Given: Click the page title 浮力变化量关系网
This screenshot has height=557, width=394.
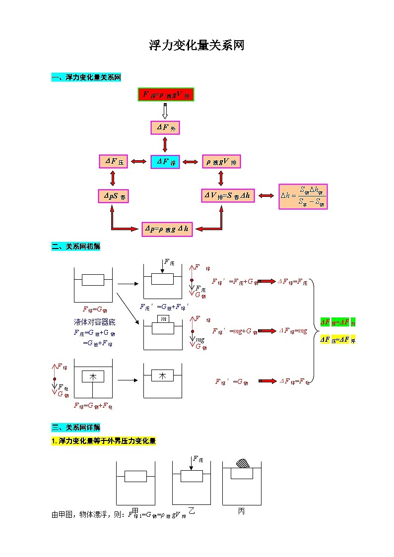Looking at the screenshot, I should pyautogui.click(x=197, y=46).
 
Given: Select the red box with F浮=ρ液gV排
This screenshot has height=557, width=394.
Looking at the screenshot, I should pyautogui.click(x=166, y=94).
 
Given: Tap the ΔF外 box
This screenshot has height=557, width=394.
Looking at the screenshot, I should pyautogui.click(x=165, y=128).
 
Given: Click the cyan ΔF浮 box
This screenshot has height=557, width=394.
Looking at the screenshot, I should pyautogui.click(x=165, y=162).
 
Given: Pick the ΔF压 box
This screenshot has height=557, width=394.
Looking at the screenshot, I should pyautogui.click(x=113, y=162).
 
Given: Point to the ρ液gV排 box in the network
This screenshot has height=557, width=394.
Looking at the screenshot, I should pyautogui.click(x=221, y=162).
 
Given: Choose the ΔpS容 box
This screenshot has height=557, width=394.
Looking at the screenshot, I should pyautogui.click(x=113, y=196).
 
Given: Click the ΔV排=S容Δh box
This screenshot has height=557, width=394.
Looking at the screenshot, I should pyautogui.click(x=228, y=196).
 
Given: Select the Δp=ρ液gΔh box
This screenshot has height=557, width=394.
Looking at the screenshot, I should pyautogui.click(x=167, y=229).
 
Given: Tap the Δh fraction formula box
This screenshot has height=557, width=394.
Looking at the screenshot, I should pyautogui.click(x=303, y=196).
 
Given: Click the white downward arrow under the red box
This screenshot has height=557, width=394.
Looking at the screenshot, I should pyautogui.click(x=165, y=111).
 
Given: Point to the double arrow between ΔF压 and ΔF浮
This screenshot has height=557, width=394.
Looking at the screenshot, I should pyautogui.click(x=139, y=162).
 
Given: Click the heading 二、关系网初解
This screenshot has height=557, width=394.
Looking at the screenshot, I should pyautogui.click(x=75, y=247).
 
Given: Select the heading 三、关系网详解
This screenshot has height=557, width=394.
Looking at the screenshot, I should pyautogui.click(x=75, y=428).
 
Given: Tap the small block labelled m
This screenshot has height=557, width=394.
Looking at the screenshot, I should pyautogui.click(x=163, y=318).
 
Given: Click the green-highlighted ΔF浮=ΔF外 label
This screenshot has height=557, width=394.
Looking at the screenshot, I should pyautogui.click(x=338, y=322).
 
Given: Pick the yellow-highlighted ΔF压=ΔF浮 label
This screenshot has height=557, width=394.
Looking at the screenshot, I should pyautogui.click(x=338, y=340).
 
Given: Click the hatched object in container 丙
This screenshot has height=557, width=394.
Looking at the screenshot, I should pyautogui.click(x=242, y=463).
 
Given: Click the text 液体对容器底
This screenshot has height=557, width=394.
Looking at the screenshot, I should pyautogui.click(x=94, y=322).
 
